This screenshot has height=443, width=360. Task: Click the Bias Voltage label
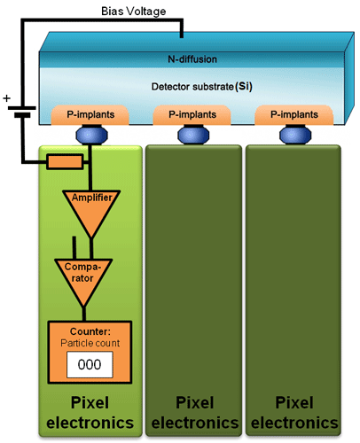[134, 12]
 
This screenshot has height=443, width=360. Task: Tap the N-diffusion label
[192, 59]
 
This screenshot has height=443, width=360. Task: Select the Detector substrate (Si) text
[202, 87]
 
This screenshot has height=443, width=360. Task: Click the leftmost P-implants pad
[90, 115]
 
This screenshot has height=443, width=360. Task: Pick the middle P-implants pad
[192, 115]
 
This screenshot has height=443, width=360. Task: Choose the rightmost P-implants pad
[294, 115]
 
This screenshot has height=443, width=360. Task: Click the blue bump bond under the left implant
[91, 135]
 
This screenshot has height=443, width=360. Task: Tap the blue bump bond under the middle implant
[193, 135]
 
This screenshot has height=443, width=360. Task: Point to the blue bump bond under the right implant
[295, 135]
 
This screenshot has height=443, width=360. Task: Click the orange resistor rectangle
[65, 162]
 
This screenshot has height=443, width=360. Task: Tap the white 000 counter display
[90, 364]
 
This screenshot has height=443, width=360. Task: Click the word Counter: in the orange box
[90, 331]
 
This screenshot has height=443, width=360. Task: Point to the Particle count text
[90, 343]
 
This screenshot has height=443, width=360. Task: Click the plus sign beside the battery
[6, 98]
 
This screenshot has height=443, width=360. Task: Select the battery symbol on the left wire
[22, 112]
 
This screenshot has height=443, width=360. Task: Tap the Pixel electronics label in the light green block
[90, 413]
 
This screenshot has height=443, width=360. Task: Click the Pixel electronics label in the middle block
[195, 413]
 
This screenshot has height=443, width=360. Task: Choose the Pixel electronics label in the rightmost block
[294, 413]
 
